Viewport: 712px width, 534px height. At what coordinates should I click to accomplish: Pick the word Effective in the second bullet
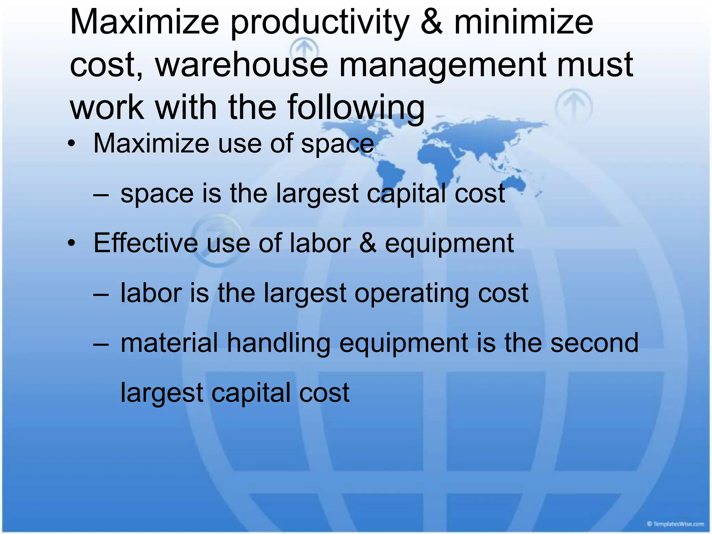point(146,243)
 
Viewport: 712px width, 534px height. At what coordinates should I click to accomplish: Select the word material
point(169,343)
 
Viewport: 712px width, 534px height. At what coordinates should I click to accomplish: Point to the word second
point(594,343)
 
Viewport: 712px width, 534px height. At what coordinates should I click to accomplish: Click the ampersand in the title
point(431,22)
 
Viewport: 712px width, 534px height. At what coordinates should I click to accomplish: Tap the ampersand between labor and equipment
point(368,243)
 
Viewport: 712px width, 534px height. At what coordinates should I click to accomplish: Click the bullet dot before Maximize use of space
point(72,144)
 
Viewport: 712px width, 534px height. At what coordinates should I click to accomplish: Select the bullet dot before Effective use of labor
point(72,243)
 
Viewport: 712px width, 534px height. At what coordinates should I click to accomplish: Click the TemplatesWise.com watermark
point(675,524)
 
